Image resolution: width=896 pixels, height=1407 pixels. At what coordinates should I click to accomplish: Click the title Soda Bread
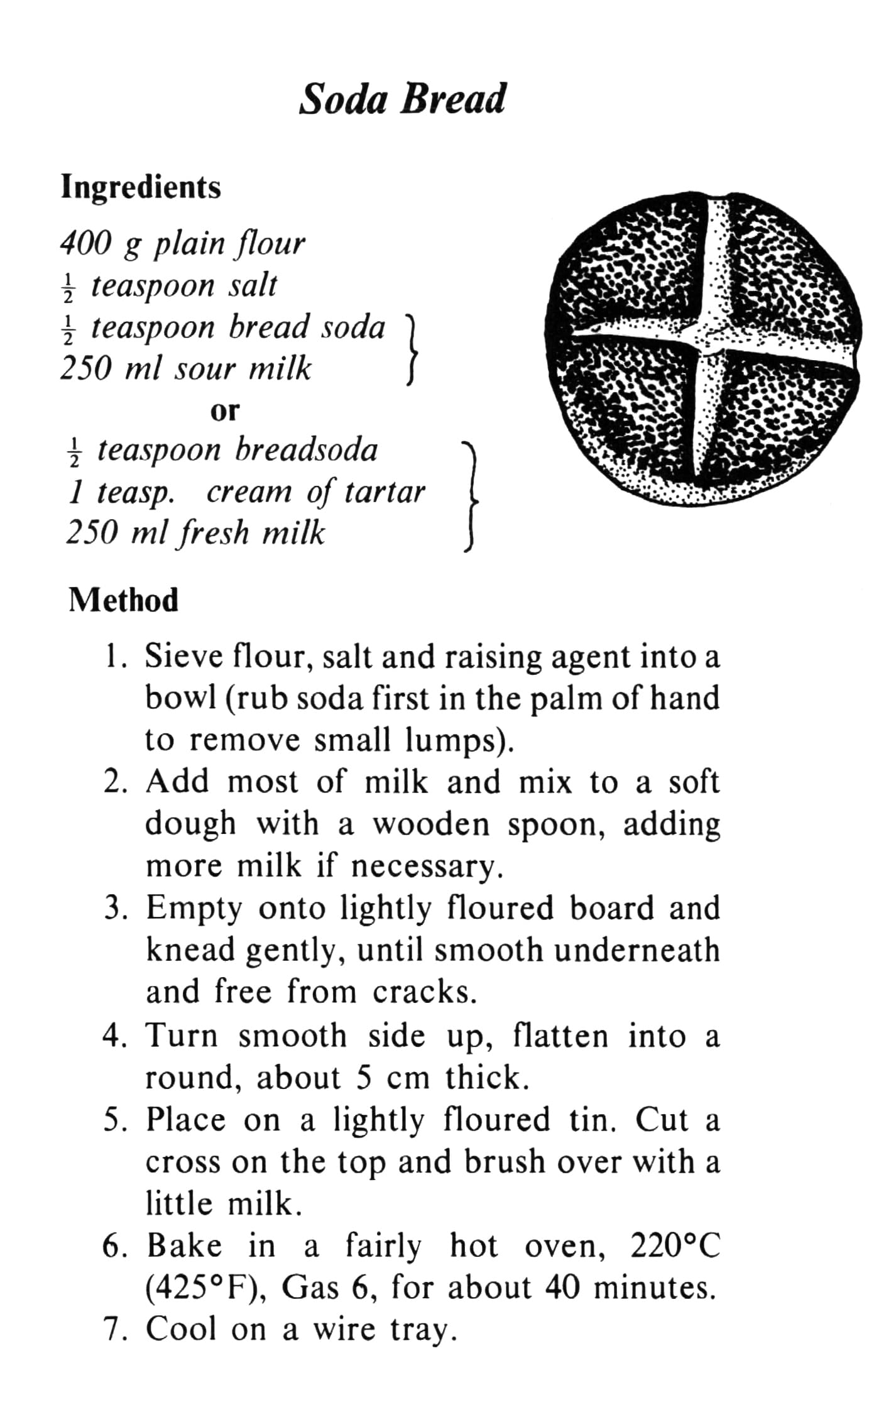(x=402, y=99)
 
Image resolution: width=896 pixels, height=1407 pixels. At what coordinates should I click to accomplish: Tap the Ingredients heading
(x=141, y=187)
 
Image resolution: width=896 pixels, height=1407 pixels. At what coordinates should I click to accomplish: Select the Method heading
(x=123, y=600)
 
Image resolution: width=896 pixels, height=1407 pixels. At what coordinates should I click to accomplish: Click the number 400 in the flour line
(x=85, y=243)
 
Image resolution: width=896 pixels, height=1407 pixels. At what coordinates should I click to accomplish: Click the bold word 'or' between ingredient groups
(x=224, y=411)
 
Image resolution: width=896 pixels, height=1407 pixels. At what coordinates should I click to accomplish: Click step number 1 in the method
(x=112, y=657)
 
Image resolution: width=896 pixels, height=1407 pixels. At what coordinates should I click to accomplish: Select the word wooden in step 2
(x=430, y=824)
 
